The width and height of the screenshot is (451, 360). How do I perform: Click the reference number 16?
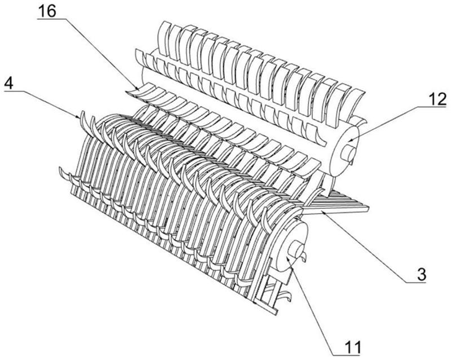tap(47, 11)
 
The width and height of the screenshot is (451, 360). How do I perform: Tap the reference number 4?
tap(9, 84)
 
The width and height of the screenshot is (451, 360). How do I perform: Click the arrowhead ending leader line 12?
tap(350, 140)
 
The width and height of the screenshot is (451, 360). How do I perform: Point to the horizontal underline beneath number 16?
tap(51, 19)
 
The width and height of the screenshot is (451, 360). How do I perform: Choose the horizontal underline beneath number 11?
tap(348, 355)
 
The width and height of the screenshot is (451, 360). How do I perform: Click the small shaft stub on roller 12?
tap(347, 153)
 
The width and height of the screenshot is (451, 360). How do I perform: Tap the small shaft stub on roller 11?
tap(297, 252)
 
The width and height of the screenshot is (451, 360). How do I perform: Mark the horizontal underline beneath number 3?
tap(416, 283)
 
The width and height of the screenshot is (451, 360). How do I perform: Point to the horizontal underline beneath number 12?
tap(432, 107)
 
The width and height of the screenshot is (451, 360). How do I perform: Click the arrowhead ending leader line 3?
tap(323, 213)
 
